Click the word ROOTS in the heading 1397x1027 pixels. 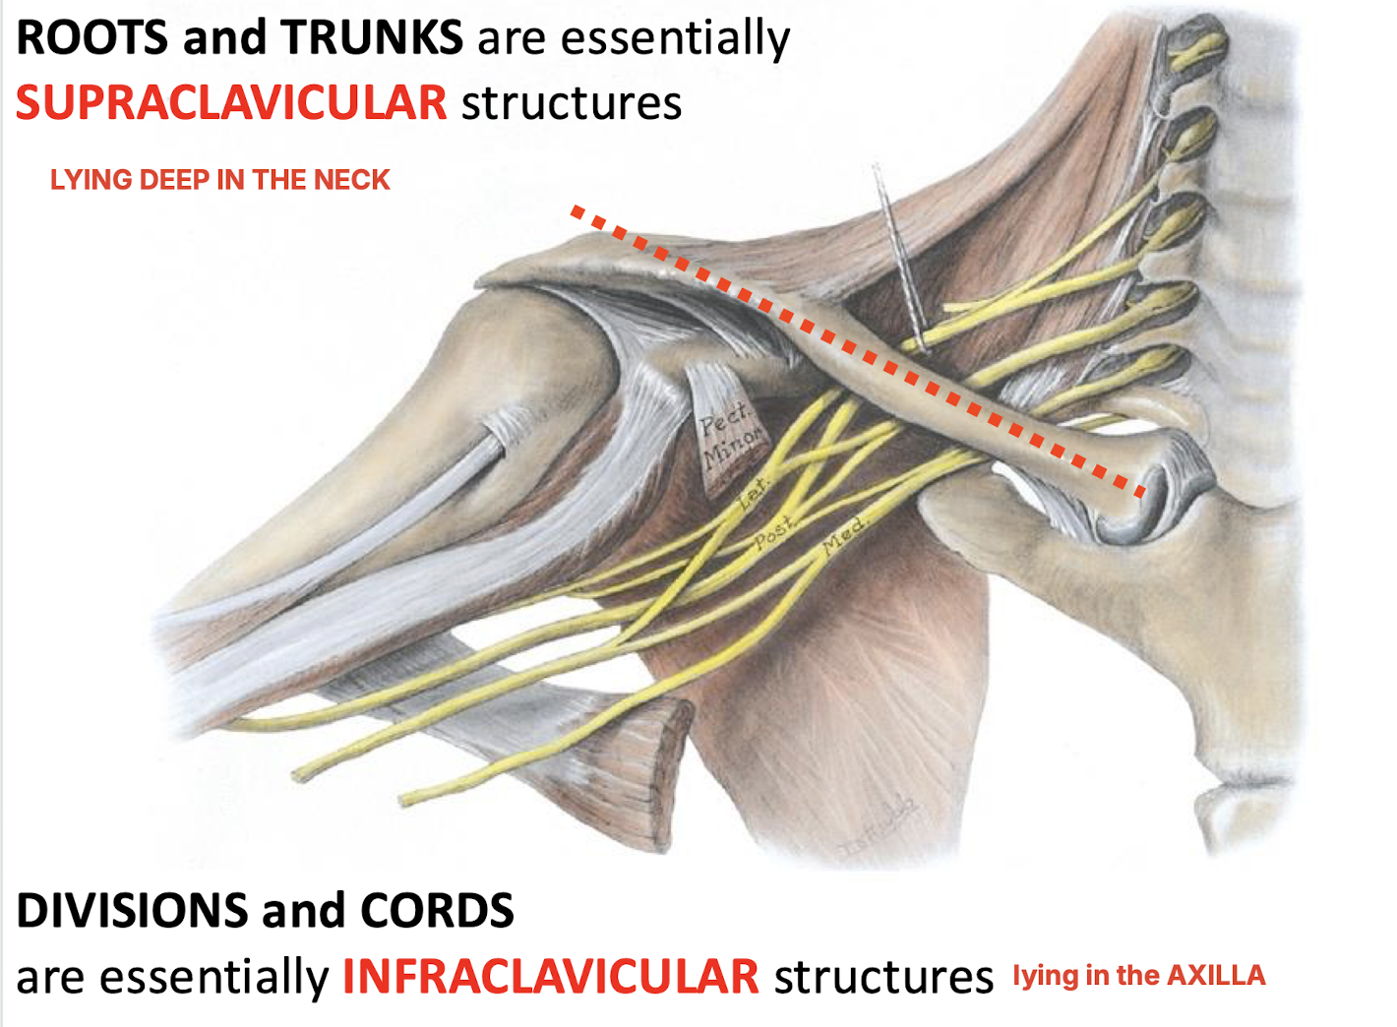[91, 39]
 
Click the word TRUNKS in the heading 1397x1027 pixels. [372, 39]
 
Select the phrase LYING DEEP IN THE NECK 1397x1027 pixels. [220, 180]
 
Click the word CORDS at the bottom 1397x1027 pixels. [437, 911]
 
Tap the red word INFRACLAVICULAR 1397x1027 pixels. [550, 977]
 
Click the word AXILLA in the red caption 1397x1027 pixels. [1216, 976]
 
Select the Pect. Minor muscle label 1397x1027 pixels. [729, 439]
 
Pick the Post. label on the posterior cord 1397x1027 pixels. [774, 534]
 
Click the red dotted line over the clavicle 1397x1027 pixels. [856, 350]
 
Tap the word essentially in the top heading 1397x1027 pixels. [675, 39]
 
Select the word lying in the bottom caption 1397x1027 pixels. [1046, 976]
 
